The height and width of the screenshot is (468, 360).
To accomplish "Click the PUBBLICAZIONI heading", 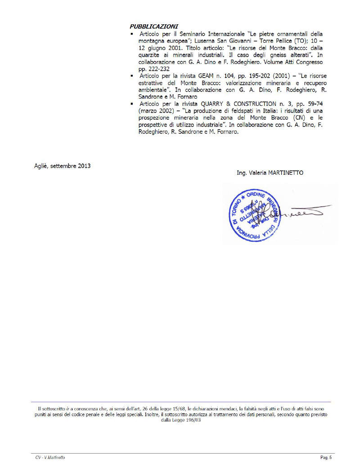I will tap(154, 27).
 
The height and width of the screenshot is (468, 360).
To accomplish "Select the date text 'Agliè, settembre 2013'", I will tap(63, 166).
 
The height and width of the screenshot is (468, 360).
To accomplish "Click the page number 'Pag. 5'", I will tap(326, 458).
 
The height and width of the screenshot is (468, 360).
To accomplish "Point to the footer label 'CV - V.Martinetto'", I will tap(49, 458).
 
